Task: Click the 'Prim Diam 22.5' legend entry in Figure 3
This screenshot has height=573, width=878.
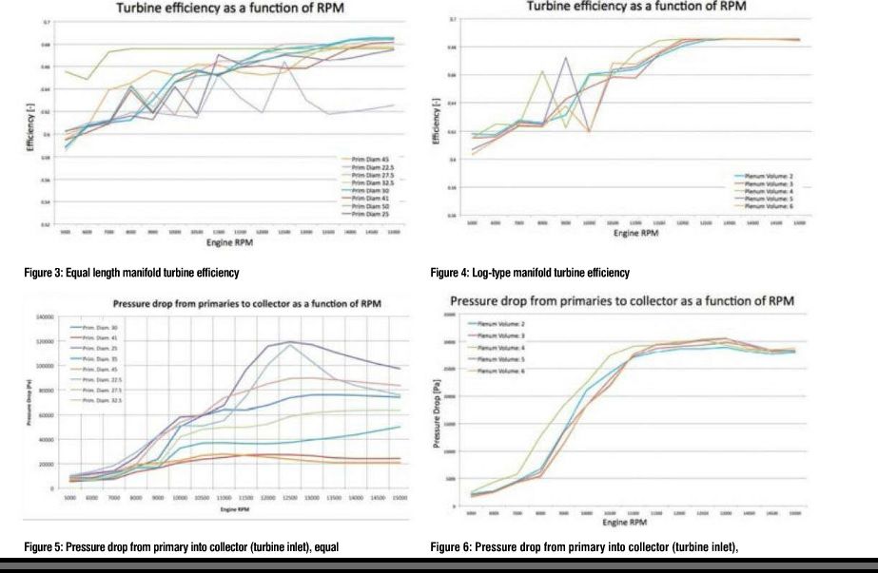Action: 367,164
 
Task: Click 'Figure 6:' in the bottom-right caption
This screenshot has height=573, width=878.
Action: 451,546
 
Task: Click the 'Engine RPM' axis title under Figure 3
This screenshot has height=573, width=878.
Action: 226,239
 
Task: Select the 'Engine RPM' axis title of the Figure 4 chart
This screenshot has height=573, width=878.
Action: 634,233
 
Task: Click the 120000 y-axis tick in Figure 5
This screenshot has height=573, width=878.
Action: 47,340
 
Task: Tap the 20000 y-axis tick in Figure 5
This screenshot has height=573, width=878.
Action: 49,463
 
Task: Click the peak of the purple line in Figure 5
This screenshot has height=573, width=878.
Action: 287,341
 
